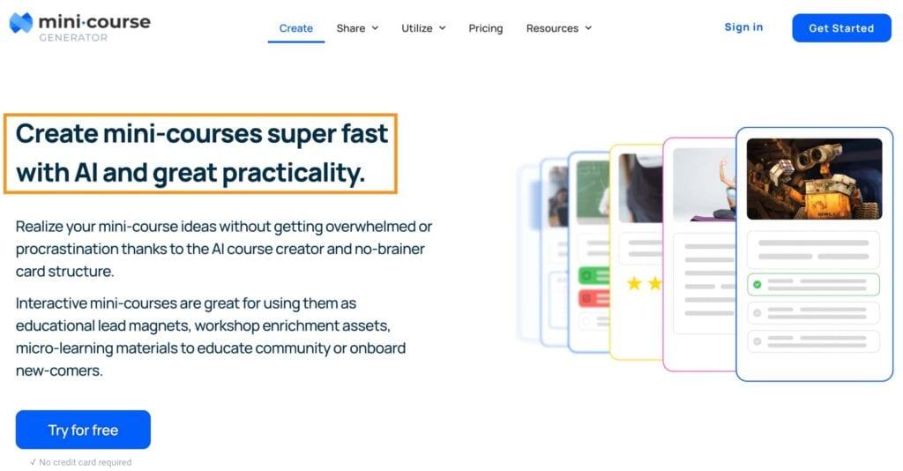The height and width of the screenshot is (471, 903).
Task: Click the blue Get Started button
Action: pyautogui.click(x=841, y=28)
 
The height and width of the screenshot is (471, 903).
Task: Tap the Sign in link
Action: pyautogui.click(x=743, y=27)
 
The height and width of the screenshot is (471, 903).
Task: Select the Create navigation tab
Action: pyautogui.click(x=296, y=28)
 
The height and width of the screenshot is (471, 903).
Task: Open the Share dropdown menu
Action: pyautogui.click(x=356, y=28)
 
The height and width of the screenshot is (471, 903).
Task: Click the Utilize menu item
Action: pyautogui.click(x=417, y=28)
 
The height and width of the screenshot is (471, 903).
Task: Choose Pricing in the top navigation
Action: pyautogui.click(x=486, y=28)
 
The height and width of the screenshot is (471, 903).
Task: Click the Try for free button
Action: pyautogui.click(x=83, y=430)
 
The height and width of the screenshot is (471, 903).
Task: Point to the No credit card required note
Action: pyautogui.click(x=80, y=462)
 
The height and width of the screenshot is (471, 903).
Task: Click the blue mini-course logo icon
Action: pyautogui.click(x=21, y=23)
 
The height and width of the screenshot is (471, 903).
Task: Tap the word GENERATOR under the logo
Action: pyautogui.click(x=73, y=38)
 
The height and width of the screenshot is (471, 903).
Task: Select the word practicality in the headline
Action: pyautogui.click(x=293, y=173)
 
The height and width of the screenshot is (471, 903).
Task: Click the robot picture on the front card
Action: pyautogui.click(x=814, y=179)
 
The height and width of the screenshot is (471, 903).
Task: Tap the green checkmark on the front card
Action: pyautogui.click(x=757, y=285)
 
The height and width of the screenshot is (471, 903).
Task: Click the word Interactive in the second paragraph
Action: pyautogui.click(x=54, y=303)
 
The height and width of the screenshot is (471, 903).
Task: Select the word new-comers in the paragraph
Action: pyautogui.click(x=58, y=370)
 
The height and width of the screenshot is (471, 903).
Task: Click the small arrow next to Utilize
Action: pyautogui.click(x=442, y=28)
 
